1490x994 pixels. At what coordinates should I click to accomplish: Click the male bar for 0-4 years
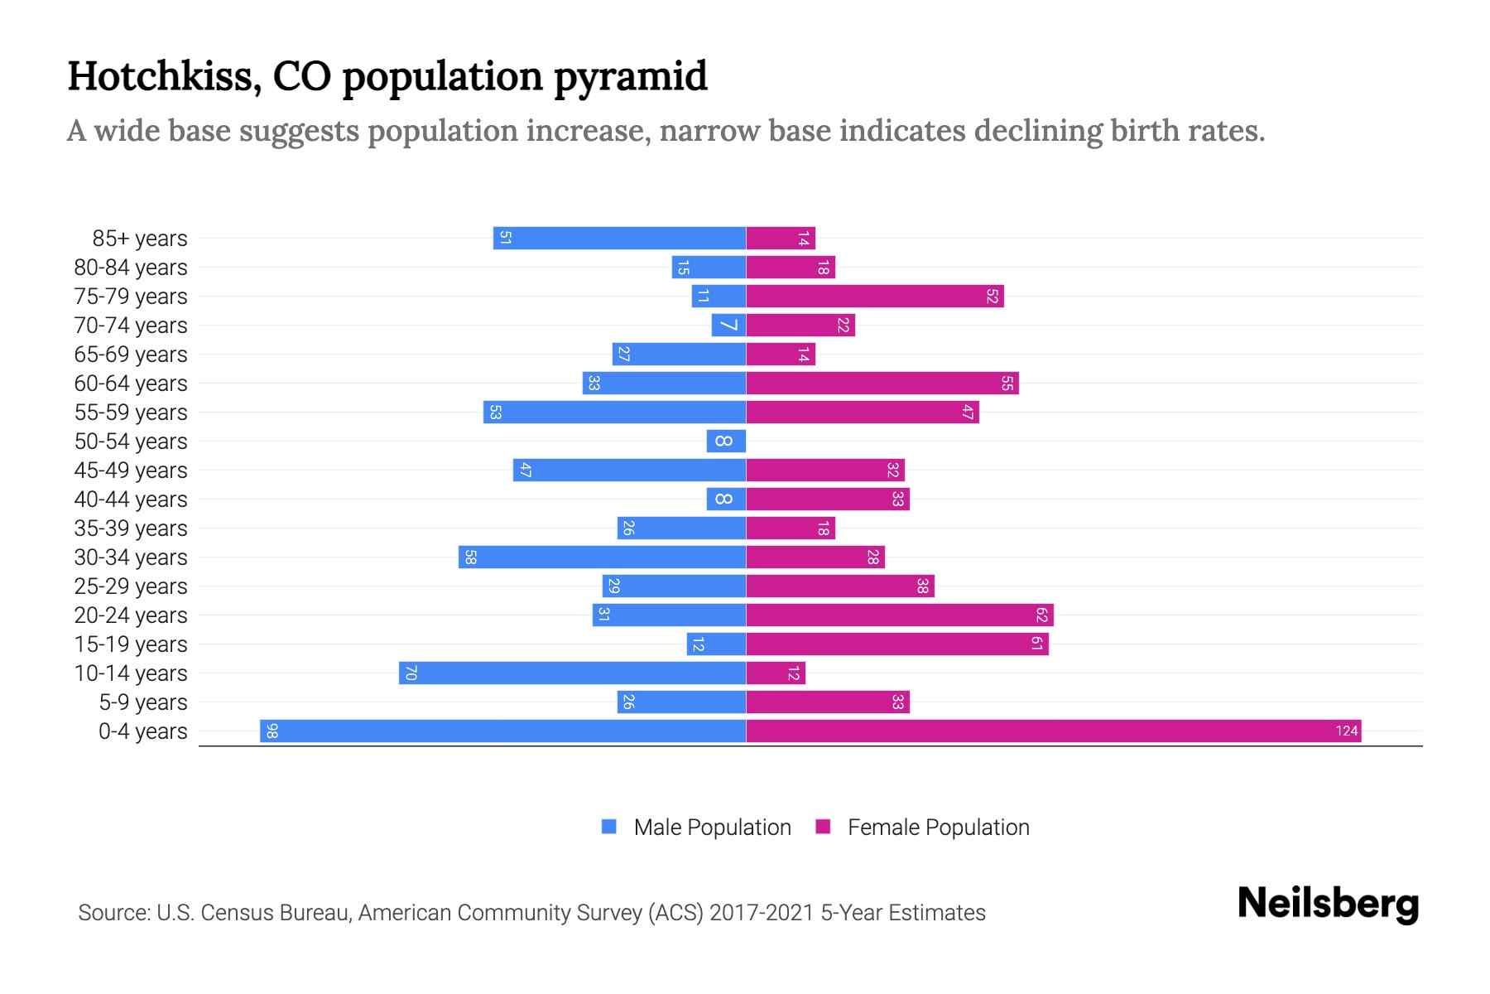tap(503, 731)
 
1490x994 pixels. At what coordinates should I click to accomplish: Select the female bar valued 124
tap(1053, 731)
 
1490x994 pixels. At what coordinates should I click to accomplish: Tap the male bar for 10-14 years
tap(573, 673)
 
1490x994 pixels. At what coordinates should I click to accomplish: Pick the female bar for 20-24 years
tap(900, 615)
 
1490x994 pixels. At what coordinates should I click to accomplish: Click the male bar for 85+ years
tap(620, 238)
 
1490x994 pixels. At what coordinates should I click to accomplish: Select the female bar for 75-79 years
tap(875, 296)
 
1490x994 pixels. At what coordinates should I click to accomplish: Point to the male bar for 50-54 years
tap(726, 441)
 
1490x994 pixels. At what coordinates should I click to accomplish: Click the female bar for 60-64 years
tap(882, 383)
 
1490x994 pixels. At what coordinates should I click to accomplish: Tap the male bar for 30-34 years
tap(603, 557)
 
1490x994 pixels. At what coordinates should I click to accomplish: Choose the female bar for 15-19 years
tap(897, 644)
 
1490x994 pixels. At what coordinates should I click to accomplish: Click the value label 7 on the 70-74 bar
tap(728, 325)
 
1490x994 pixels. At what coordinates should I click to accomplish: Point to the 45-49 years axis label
tap(131, 470)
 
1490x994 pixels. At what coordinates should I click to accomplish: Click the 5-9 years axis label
tap(142, 702)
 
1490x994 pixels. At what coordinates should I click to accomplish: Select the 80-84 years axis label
tap(131, 267)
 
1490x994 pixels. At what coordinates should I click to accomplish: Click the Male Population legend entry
tap(712, 827)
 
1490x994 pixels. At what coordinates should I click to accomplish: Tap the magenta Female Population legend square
tap(823, 827)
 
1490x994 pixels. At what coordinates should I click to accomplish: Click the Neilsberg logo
tap(1328, 903)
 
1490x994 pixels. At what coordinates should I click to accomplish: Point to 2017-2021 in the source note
tap(761, 912)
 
